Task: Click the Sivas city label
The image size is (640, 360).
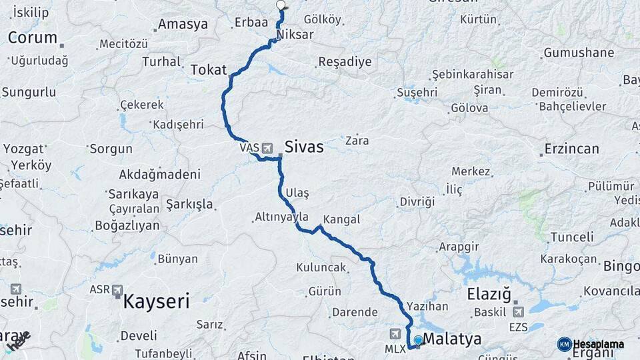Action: pyautogui.click(x=304, y=147)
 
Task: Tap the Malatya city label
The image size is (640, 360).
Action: pyautogui.click(x=452, y=339)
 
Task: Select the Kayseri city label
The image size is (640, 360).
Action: pyautogui.click(x=156, y=301)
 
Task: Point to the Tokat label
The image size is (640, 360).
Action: pyautogui.click(x=209, y=70)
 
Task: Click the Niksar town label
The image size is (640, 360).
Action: pyautogui.click(x=295, y=34)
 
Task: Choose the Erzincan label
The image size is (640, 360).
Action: pyautogui.click(x=571, y=149)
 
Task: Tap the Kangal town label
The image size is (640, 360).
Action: pyautogui.click(x=341, y=219)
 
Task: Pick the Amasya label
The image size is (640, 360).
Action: pyautogui.click(x=183, y=25)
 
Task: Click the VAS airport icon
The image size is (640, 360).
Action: pyautogui.click(x=267, y=147)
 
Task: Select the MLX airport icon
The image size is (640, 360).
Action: pyautogui.click(x=395, y=333)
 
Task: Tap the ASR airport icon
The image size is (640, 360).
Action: pyautogui.click(x=117, y=290)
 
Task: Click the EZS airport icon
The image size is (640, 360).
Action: pyautogui.click(x=518, y=311)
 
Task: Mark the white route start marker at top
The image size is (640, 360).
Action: pyautogui.click(x=281, y=5)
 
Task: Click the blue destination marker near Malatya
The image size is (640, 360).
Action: pyautogui.click(x=418, y=341)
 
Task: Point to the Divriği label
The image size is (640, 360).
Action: pyautogui.click(x=417, y=201)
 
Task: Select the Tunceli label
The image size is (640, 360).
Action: pyautogui.click(x=571, y=237)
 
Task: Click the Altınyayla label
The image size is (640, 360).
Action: pyautogui.click(x=281, y=217)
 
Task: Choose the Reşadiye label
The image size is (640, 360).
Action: pyautogui.click(x=344, y=62)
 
